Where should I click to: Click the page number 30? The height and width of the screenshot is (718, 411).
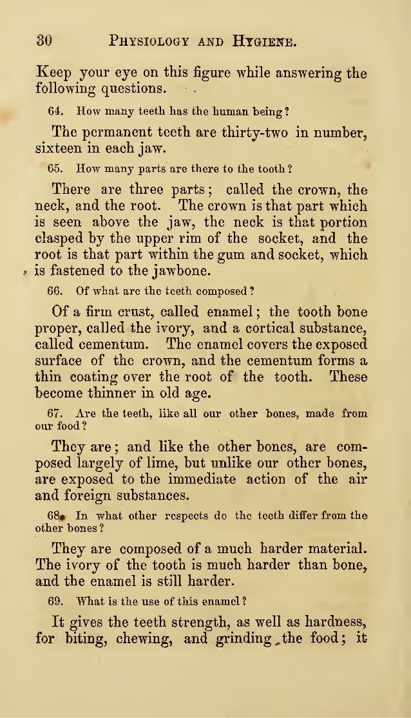[44, 41]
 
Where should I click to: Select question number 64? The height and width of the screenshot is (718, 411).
[55, 111]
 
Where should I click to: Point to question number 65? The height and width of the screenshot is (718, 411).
[55, 169]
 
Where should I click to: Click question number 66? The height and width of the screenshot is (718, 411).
[55, 290]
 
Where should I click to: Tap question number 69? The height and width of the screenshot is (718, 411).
[55, 602]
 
